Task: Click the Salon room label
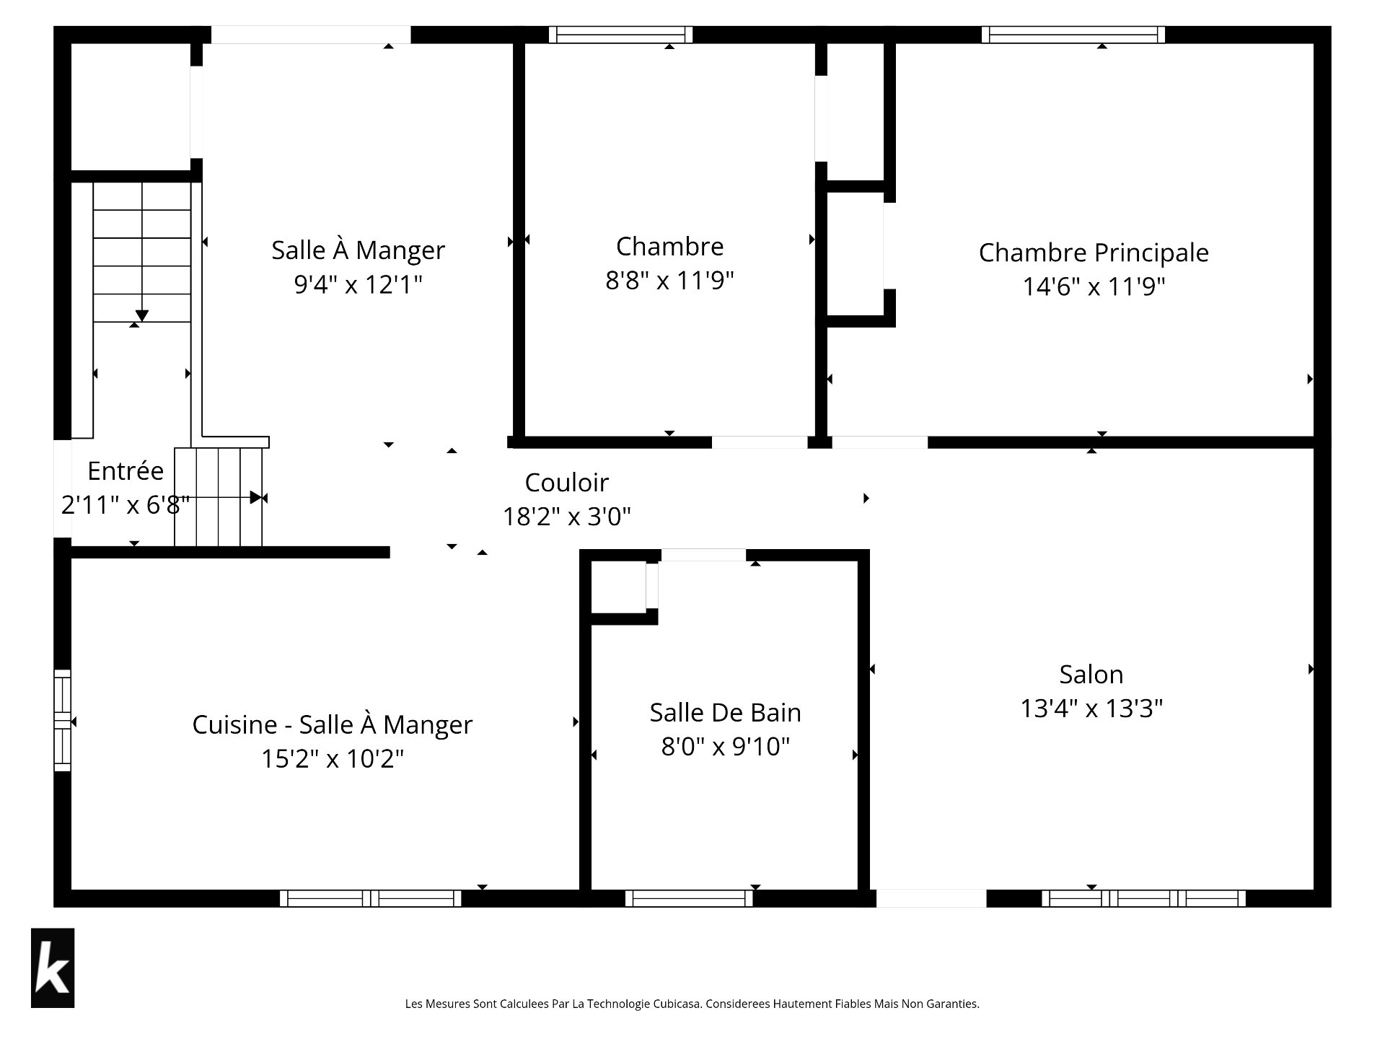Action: [x=1091, y=675]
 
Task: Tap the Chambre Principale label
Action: [x=1094, y=253]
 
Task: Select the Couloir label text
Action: [x=566, y=483]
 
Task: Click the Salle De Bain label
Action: [x=725, y=713]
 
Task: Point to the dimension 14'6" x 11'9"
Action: [x=1094, y=286]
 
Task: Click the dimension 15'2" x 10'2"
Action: [x=332, y=759]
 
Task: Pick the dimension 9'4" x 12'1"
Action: [x=358, y=285]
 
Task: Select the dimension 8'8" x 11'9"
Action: [x=669, y=280]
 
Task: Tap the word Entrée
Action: [x=126, y=471]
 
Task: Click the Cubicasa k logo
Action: [x=53, y=968]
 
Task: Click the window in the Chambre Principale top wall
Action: [x=1073, y=35]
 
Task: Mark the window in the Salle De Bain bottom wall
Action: [x=689, y=898]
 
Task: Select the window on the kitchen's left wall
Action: [x=63, y=720]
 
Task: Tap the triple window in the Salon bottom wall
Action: [x=1143, y=898]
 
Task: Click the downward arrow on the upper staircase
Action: [x=142, y=315]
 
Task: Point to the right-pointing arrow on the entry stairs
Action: [x=255, y=498]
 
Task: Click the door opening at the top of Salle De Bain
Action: [x=703, y=555]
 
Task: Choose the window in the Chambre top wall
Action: [x=620, y=35]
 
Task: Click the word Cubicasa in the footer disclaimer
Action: [x=677, y=1004]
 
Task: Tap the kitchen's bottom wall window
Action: [x=371, y=898]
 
